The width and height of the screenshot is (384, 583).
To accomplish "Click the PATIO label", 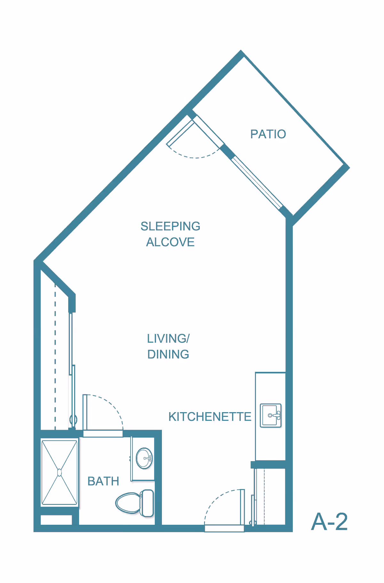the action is pyautogui.click(x=268, y=134).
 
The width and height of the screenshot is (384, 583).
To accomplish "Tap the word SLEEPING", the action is pyautogui.click(x=170, y=226).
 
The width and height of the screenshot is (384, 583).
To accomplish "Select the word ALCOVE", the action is pyautogui.click(x=170, y=242).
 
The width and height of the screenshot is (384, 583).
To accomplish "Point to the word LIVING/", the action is pyautogui.click(x=168, y=339).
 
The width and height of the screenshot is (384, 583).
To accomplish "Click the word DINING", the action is pyautogui.click(x=168, y=355).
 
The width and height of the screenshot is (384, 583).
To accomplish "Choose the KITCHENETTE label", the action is pyautogui.click(x=210, y=417).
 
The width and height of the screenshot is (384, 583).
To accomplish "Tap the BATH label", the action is pyautogui.click(x=103, y=481).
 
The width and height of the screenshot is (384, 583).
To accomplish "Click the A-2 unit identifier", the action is pyautogui.click(x=329, y=522).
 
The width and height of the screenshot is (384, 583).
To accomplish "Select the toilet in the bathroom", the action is pyautogui.click(x=135, y=503).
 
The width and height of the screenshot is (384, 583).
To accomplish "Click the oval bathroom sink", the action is pyautogui.click(x=144, y=458).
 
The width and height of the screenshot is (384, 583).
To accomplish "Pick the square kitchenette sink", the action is pyautogui.click(x=271, y=415).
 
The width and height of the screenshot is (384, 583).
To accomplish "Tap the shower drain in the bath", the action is pyautogui.click(x=59, y=472).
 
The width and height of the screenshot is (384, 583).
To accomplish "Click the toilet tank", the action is pyautogui.click(x=147, y=503).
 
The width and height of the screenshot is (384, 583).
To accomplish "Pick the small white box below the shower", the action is pyautogui.click(x=56, y=520).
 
